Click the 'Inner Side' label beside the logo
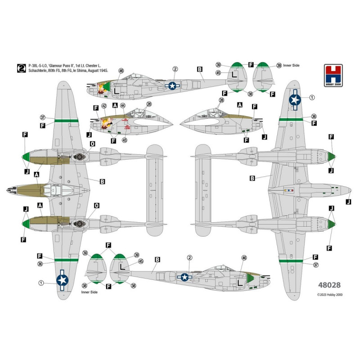click(x=292, y=66)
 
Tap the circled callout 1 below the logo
click(x=312, y=98)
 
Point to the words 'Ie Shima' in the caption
click(x=83, y=72)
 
